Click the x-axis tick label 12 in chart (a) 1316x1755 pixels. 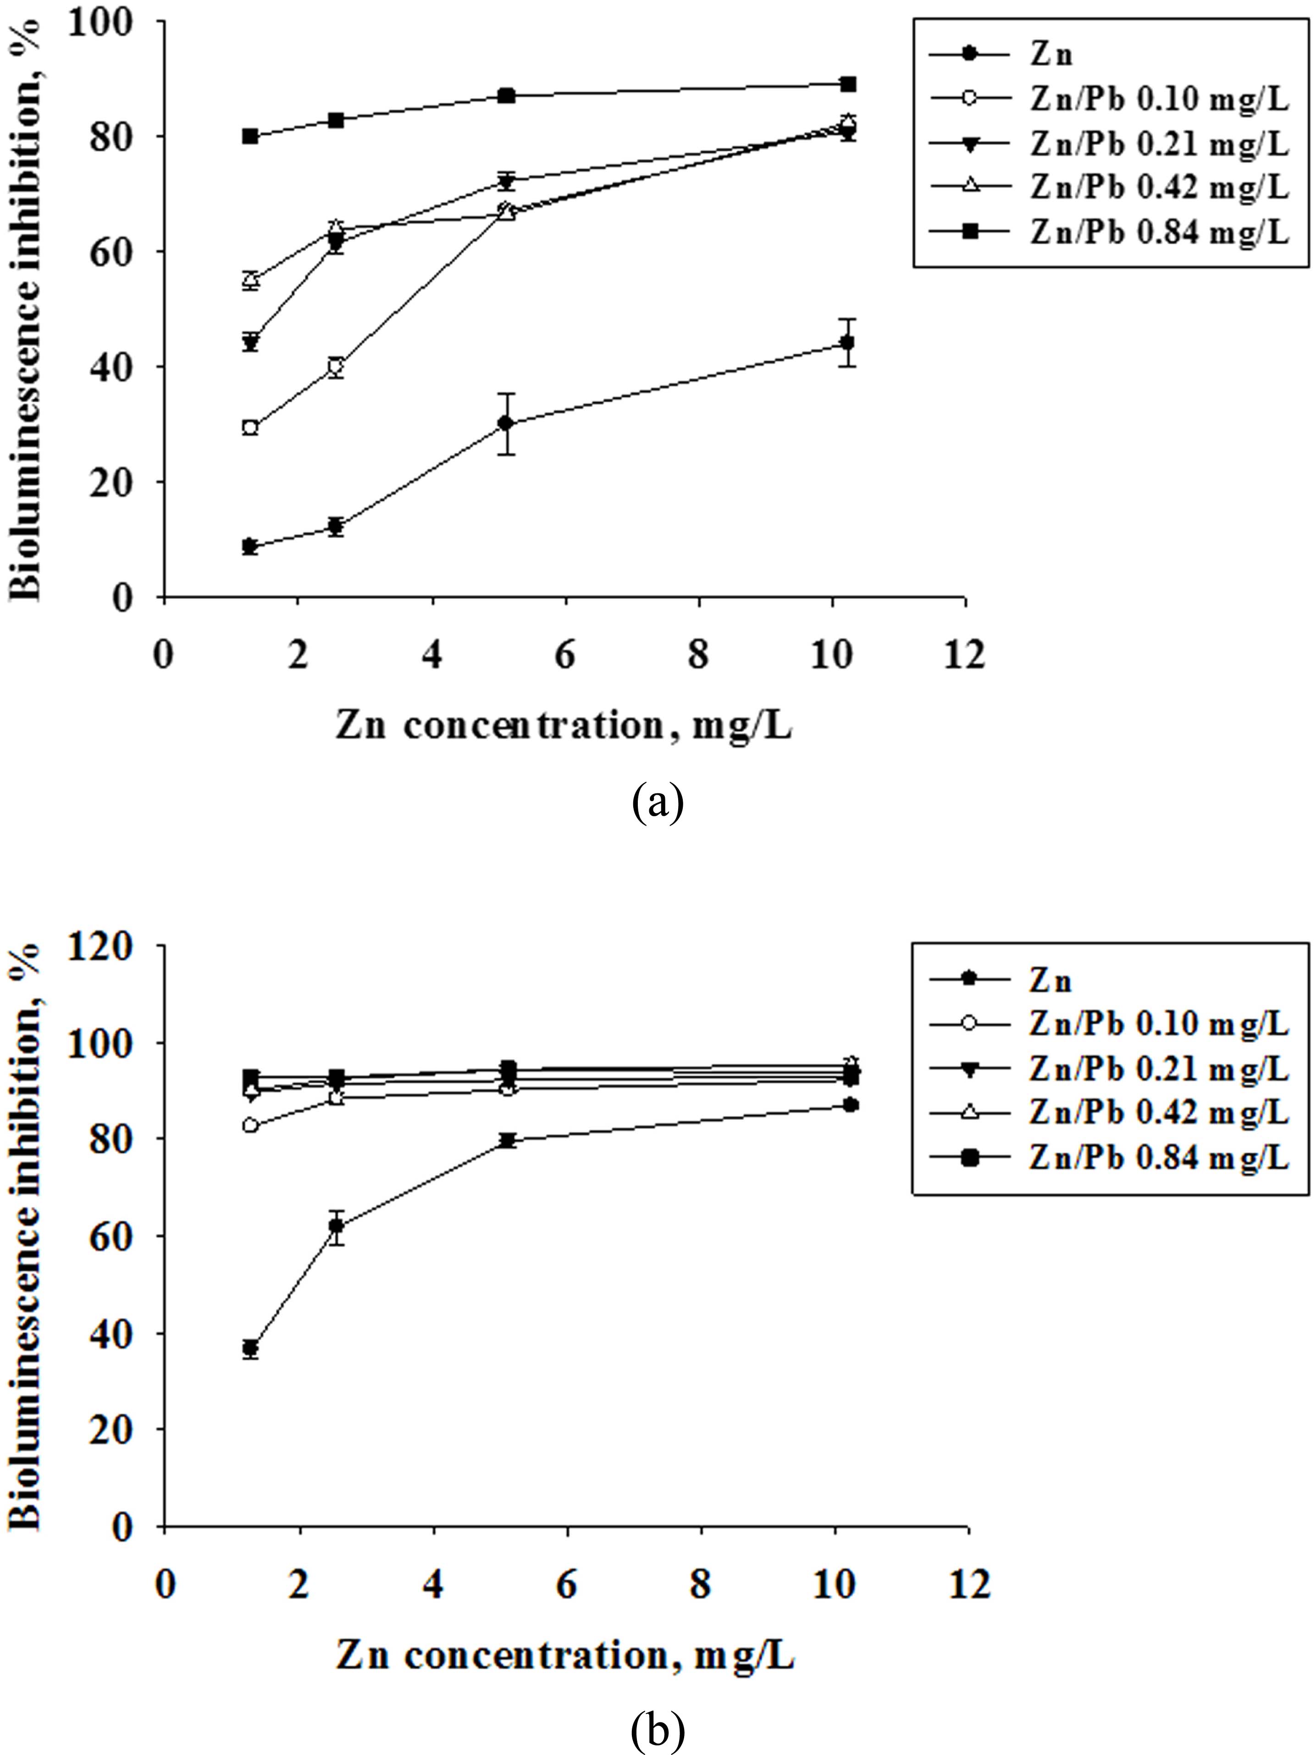pos(965,655)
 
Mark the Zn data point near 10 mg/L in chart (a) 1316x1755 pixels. pos(848,342)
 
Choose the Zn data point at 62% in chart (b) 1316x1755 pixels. pos(337,1226)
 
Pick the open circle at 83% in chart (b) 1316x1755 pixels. pos(251,1125)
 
